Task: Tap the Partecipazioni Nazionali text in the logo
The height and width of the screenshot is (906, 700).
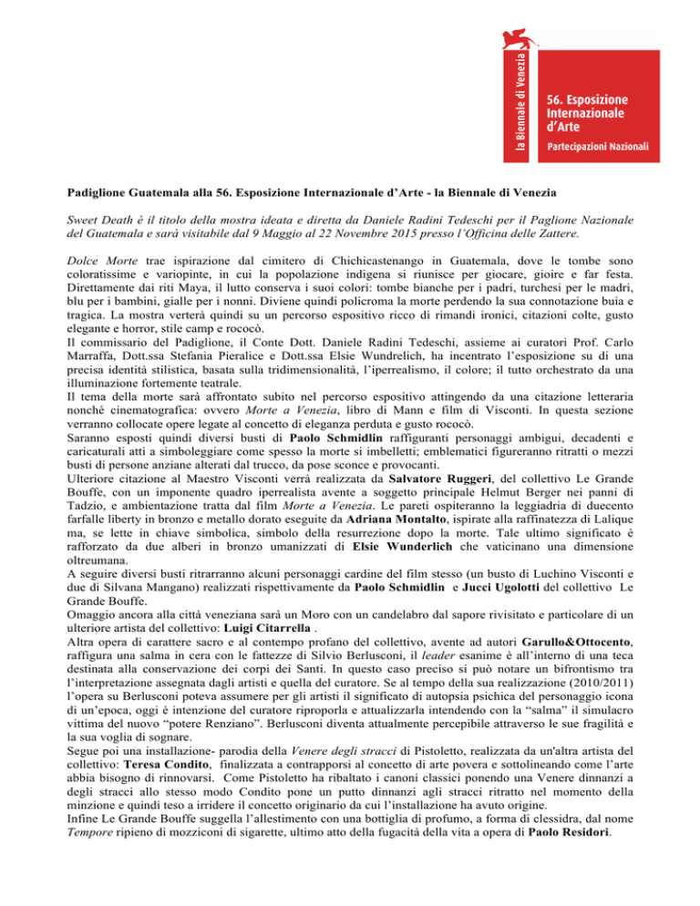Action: point(597,145)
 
